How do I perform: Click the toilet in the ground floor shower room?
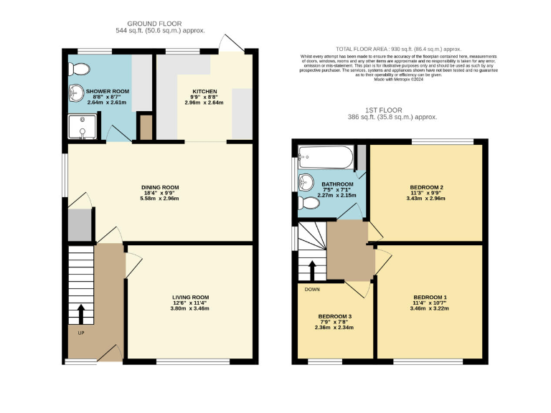(83, 68)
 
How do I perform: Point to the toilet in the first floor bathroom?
(309, 204)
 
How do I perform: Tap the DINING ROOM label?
(159, 187)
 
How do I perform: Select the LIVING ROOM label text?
(190, 297)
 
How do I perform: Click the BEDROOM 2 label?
(425, 187)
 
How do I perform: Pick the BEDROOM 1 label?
(430, 298)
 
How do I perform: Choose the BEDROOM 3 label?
(336, 315)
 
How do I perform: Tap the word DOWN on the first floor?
(312, 290)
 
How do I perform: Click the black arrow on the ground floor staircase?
(80, 313)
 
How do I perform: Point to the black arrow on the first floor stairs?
(313, 271)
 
